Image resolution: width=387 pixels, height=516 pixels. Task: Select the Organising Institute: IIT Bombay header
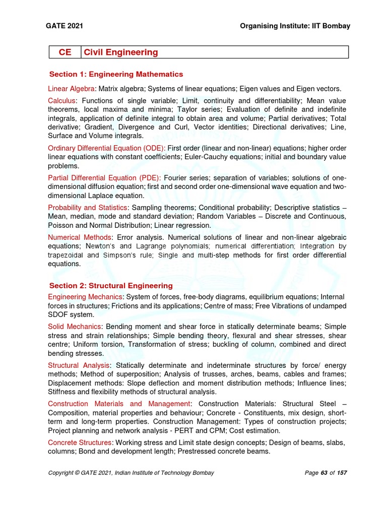[x=294, y=26]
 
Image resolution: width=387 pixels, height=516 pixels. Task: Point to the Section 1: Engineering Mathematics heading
[x=116, y=74]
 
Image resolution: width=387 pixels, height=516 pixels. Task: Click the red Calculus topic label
[x=62, y=101]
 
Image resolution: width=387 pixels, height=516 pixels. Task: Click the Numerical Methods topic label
[x=79, y=237]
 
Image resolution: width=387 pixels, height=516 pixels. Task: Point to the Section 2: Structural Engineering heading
[x=111, y=286]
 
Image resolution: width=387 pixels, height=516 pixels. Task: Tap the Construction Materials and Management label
[x=119, y=404]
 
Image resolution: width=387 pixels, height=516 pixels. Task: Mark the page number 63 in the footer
[x=324, y=473]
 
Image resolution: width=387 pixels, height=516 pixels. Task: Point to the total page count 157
[x=342, y=473]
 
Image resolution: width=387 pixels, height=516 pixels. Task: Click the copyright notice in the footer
[x=131, y=473]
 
